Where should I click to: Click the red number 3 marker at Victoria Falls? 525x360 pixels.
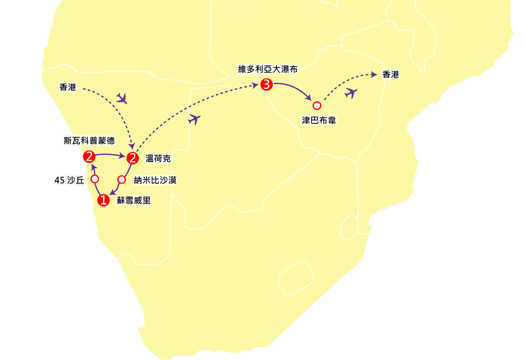pos(266,85)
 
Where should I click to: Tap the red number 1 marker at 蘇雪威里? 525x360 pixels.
pos(103,200)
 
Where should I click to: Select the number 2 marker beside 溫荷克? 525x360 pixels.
pos(132,158)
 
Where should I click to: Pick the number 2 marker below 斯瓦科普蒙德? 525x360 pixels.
pos(89,156)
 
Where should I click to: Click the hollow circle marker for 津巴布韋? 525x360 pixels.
pos(317,105)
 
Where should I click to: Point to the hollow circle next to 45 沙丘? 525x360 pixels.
pos(94,179)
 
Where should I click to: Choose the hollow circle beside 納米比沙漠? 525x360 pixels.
pos(122,179)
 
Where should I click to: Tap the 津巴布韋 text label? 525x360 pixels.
pos(319,120)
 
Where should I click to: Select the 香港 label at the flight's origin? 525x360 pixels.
pos(68,87)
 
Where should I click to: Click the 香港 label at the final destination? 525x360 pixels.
pos(391,75)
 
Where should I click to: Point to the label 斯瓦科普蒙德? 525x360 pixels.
pos(89,141)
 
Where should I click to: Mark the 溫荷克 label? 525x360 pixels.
pos(158,159)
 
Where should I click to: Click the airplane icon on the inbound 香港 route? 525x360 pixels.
pos(122,99)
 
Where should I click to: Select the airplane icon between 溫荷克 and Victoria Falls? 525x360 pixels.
pos(194,119)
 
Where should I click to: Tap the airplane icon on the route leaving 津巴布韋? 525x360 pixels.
pos(351,93)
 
